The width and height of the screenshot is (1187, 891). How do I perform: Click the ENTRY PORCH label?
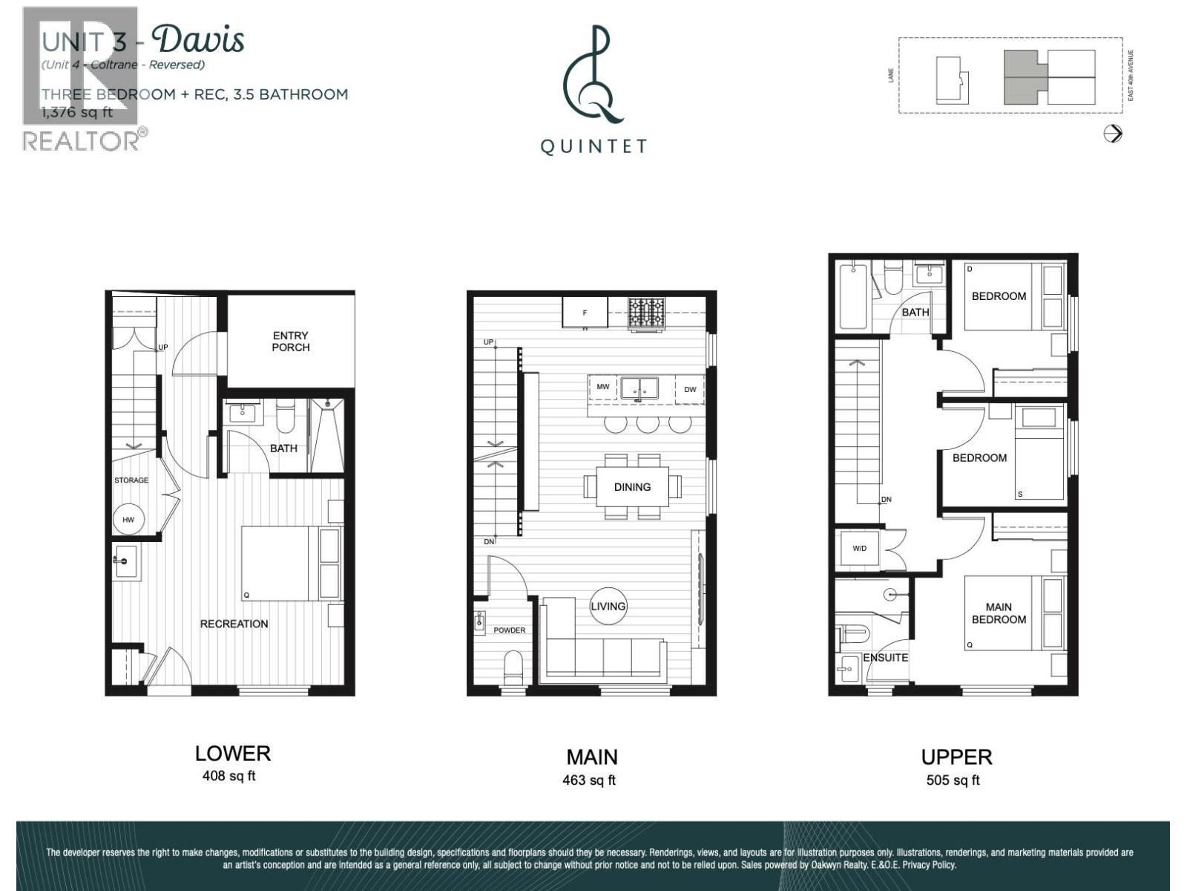290,342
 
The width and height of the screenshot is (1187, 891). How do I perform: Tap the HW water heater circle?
128,520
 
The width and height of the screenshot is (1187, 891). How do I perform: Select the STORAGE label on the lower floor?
131,480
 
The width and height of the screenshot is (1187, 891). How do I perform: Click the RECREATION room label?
234,624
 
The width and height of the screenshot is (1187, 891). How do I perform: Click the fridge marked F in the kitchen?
585,313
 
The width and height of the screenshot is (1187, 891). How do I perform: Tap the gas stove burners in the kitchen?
647,313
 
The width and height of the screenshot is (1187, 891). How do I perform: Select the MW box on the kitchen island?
603,388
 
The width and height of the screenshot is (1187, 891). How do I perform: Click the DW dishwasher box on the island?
690,389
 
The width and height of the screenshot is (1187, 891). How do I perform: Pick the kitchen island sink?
639,388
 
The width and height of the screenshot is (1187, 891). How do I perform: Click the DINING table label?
632,487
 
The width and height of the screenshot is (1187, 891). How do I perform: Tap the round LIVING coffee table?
608,607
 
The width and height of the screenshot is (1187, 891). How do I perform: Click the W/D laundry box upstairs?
859,549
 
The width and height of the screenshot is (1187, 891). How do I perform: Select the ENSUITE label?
885,658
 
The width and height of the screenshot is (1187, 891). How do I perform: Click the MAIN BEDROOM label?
999,613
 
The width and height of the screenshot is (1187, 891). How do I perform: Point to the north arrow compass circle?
1113,134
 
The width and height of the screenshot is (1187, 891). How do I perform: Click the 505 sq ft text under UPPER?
953,780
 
